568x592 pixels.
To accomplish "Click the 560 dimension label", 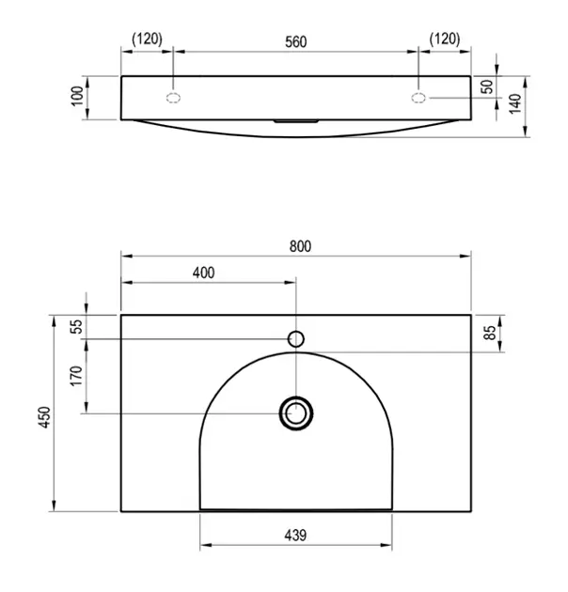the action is pos(296,41).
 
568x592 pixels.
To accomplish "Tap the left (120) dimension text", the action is pos(148,39).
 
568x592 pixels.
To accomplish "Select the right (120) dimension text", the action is pos(445,39).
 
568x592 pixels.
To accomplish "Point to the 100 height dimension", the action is pos(77,96).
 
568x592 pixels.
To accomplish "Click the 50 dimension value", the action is pos(488,86).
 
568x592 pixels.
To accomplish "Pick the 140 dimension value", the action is pos(515,103).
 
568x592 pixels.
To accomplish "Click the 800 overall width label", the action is pos(300,246).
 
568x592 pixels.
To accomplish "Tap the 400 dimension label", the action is pos(204,273).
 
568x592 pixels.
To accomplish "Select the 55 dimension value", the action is pos(76,326).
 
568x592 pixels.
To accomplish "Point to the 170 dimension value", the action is pos(76,376).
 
